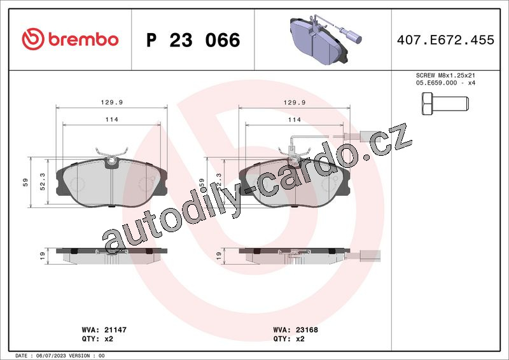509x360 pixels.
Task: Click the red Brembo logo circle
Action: click(x=33, y=39)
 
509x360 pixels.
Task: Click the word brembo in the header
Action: click(x=83, y=39)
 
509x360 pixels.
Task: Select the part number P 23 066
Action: click(x=193, y=40)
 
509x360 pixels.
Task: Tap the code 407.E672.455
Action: click(x=445, y=39)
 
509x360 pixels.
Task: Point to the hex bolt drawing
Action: click(x=445, y=104)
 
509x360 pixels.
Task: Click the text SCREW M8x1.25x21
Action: click(x=445, y=75)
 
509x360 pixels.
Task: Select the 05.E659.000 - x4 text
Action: click(x=445, y=83)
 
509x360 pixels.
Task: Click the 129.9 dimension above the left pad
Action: click(x=112, y=102)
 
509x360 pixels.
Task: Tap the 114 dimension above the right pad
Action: click(x=295, y=120)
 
